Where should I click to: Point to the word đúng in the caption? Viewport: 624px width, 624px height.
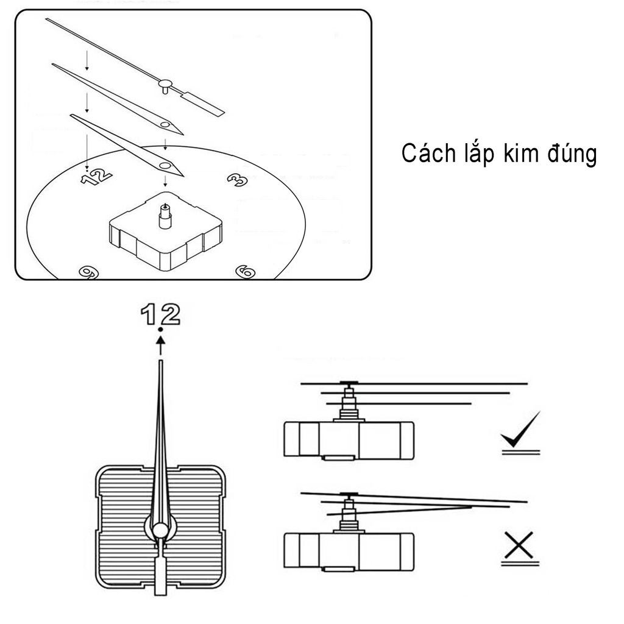pyautogui.click(x=572, y=155)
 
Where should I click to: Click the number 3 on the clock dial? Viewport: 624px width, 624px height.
pyautogui.click(x=236, y=178)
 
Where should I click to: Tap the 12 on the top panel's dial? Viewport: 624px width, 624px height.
pyautogui.click(x=96, y=176)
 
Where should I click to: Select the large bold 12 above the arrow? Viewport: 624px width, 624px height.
pyautogui.click(x=160, y=314)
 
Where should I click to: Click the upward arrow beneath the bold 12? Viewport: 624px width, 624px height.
pyautogui.click(x=160, y=346)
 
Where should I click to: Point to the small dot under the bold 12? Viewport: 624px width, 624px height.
pyautogui.click(x=160, y=330)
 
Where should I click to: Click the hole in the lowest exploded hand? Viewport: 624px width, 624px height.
pyautogui.click(x=165, y=165)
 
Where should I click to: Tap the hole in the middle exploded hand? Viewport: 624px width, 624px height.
pyautogui.click(x=165, y=124)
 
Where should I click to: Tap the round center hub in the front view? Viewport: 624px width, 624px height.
pyautogui.click(x=160, y=530)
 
